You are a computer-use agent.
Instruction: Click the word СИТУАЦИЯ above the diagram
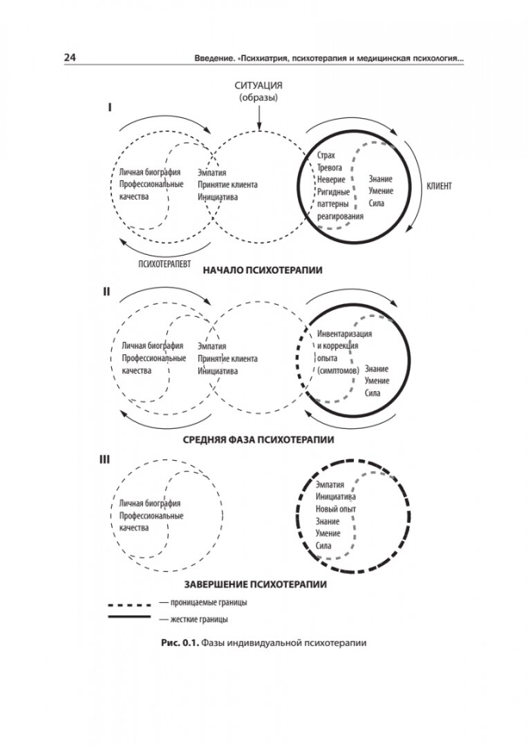[x=258, y=86]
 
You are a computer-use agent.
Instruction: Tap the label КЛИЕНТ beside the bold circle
[x=439, y=186]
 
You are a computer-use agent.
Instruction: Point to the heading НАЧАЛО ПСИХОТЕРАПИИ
[x=263, y=271]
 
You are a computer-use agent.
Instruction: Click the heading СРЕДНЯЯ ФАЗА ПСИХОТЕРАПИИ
[x=258, y=439]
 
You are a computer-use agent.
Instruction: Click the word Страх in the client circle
[x=326, y=156]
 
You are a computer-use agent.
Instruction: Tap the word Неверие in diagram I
[x=330, y=180]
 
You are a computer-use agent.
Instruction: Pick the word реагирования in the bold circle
[x=341, y=216]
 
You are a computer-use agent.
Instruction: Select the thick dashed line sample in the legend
[x=129, y=602]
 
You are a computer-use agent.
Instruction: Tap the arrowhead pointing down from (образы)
[x=258, y=127]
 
